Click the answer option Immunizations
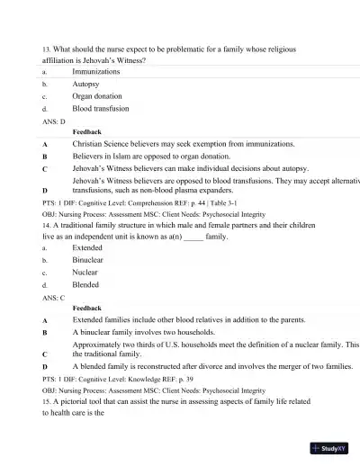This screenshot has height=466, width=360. [x=95, y=70]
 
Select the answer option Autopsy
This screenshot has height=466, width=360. [x=86, y=83]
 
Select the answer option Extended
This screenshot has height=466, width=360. [x=87, y=247]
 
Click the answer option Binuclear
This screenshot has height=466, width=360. [x=88, y=260]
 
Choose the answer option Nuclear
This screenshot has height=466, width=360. [x=85, y=273]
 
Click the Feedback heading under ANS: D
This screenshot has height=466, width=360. [x=86, y=131]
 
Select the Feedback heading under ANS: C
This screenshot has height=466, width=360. [x=86, y=309]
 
